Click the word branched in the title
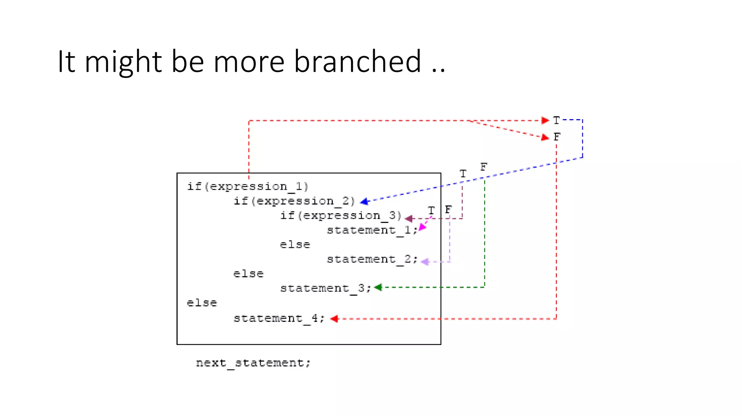pyautogui.click(x=357, y=62)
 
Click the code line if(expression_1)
pyautogui.click(x=247, y=186)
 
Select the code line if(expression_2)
pyautogui.click(x=294, y=201)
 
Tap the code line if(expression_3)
pyautogui.click(x=341, y=215)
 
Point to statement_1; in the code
pyautogui.click(x=372, y=230)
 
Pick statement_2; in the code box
pyautogui.click(x=372, y=259)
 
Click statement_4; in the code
pyautogui.click(x=279, y=318)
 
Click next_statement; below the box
pyautogui.click(x=253, y=363)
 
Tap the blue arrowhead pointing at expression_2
pyautogui.click(x=364, y=202)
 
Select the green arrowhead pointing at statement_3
pyautogui.click(x=378, y=287)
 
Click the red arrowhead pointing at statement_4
pyautogui.click(x=334, y=319)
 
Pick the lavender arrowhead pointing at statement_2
pyautogui.click(x=425, y=261)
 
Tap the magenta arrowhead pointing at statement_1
pyautogui.click(x=422, y=227)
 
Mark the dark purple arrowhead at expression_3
pyautogui.click(x=409, y=218)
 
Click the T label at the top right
pyautogui.click(x=556, y=120)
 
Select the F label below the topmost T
pyautogui.click(x=557, y=137)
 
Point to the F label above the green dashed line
pyautogui.click(x=484, y=167)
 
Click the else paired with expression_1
pyautogui.click(x=202, y=303)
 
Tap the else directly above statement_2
pyautogui.click(x=295, y=245)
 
